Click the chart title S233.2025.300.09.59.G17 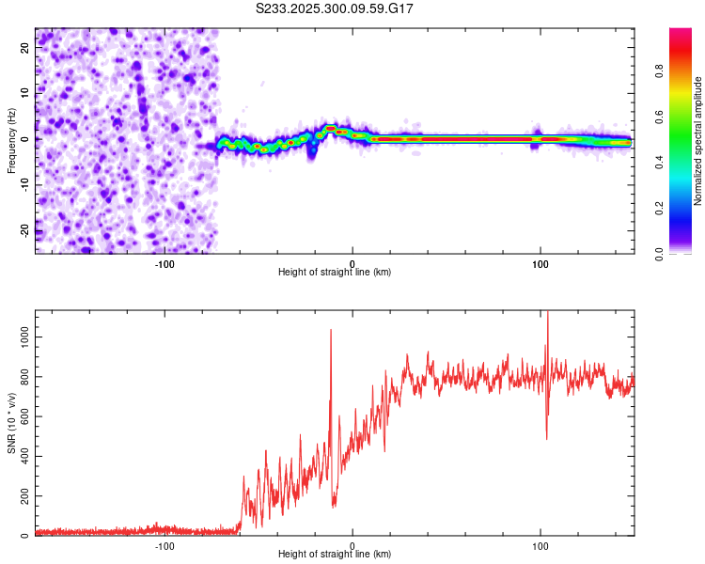tap(335, 8)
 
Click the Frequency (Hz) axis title tap(11, 140)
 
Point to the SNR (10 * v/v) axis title tap(11, 422)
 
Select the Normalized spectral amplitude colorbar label tap(698, 140)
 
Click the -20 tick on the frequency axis tap(23, 231)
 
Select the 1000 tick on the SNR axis tap(19, 337)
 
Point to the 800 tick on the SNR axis tap(22, 377)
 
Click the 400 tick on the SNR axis tap(22, 456)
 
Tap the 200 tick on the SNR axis tap(22, 496)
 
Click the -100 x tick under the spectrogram tap(164, 263)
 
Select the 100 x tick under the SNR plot tap(540, 546)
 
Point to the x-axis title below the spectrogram tap(335, 273)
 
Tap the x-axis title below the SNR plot tap(335, 556)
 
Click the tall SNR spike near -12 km tap(331, 331)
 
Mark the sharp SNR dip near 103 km tap(547, 437)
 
